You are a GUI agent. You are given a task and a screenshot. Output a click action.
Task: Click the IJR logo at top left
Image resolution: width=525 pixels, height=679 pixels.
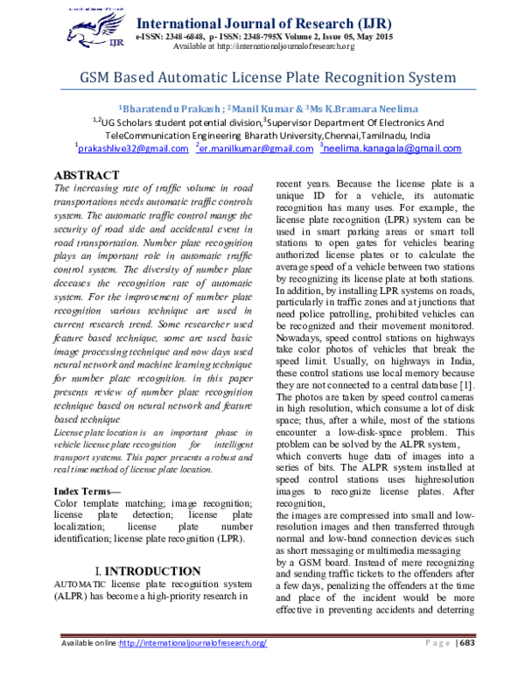click(91, 27)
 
